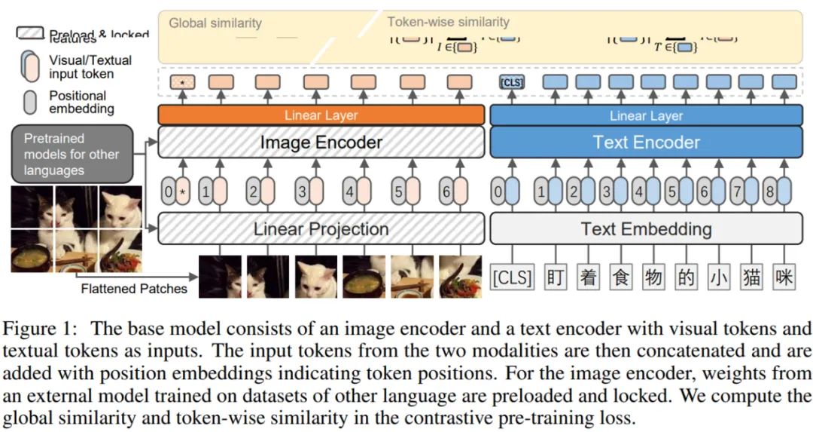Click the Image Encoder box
pyautogui.click(x=321, y=142)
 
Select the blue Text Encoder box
pyautogui.click(x=646, y=142)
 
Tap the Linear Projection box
pyautogui.click(x=321, y=229)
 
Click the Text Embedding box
pyautogui.click(x=646, y=229)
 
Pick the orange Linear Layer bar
pyautogui.click(x=321, y=115)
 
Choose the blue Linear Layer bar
pyautogui.click(x=646, y=115)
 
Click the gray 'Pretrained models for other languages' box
pyautogui.click(x=72, y=155)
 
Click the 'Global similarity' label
pyautogui.click(x=215, y=23)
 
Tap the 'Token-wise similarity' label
pyautogui.click(x=448, y=22)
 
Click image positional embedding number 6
pyautogui.click(x=446, y=192)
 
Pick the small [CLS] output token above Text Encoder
pyautogui.click(x=512, y=82)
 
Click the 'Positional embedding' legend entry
pyautogui.click(x=77, y=102)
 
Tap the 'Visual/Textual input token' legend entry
pyautogui.click(x=90, y=66)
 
